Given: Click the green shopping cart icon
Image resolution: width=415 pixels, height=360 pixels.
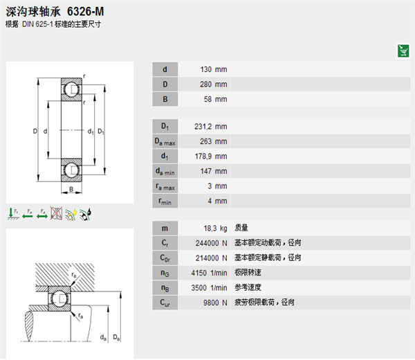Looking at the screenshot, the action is (x=403, y=51).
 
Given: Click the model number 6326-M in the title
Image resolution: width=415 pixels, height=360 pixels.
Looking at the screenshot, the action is (x=86, y=11).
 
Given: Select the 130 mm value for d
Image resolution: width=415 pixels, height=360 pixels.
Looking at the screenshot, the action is (x=214, y=69).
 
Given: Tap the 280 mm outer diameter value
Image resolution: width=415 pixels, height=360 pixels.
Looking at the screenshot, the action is (x=213, y=84).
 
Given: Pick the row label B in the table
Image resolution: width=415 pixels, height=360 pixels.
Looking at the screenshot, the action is (x=165, y=99).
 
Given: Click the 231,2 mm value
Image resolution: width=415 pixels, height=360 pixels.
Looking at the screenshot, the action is (x=211, y=127).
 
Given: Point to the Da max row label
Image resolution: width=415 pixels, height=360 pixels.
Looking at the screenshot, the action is (x=165, y=142).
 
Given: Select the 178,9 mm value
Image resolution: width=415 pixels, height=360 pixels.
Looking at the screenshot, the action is (x=211, y=156).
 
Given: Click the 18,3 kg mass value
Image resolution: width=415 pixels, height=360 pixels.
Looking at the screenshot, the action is (x=215, y=228).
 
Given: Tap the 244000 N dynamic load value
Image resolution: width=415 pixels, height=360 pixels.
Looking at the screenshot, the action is (x=211, y=243).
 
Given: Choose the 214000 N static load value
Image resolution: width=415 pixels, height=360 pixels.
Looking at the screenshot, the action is (x=211, y=258).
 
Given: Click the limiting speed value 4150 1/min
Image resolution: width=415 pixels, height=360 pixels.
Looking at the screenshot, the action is (x=209, y=273).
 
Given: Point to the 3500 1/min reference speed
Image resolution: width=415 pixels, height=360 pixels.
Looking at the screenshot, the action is (x=209, y=288).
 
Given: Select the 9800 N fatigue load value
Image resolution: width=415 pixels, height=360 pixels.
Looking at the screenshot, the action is (x=215, y=303).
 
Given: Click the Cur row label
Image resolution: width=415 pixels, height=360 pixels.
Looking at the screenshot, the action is (x=165, y=303).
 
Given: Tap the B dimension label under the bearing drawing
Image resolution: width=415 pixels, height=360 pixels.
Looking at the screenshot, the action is (x=71, y=189).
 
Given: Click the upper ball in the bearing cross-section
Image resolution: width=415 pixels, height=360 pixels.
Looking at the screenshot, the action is (x=71, y=89).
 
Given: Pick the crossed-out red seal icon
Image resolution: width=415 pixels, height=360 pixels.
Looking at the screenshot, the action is (x=57, y=213).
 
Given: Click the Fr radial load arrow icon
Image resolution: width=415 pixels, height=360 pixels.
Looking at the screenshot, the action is (x=13, y=213).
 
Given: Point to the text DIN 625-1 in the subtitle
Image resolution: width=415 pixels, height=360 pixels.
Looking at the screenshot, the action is (x=38, y=24).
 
